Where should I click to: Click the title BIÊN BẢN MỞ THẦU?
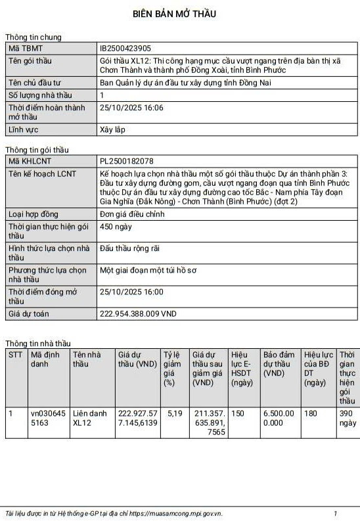tap(174, 14)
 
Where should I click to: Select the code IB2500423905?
tap(125, 48)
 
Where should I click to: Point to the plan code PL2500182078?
tap(127, 161)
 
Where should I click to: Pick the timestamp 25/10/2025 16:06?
tap(131, 108)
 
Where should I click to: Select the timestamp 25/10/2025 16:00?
tap(131, 291)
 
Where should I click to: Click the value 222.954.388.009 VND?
tap(138, 314)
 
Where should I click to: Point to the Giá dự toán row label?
tap(29, 314)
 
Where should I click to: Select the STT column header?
tap(15, 355)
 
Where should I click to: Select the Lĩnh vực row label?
tap(24, 129)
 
